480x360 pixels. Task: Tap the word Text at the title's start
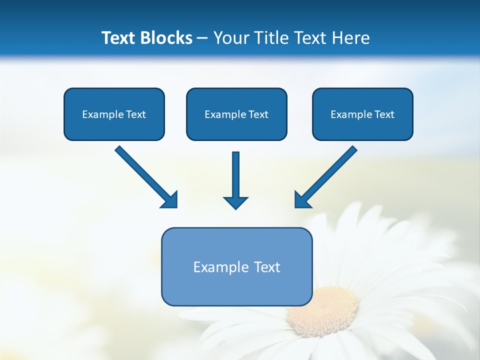[x=120, y=38]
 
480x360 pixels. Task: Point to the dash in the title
[x=202, y=38]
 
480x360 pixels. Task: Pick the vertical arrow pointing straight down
[x=235, y=175]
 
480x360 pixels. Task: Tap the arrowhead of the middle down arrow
[x=235, y=202]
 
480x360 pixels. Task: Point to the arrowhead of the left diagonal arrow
[x=170, y=199]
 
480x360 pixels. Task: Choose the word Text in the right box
[x=384, y=114]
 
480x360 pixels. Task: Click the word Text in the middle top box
[x=258, y=114]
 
